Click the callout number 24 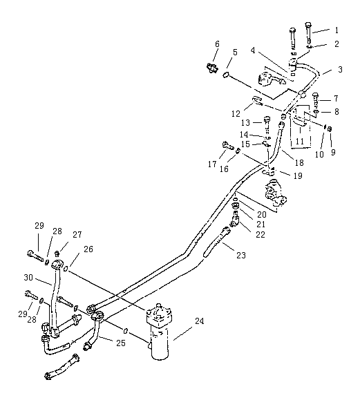(199, 321)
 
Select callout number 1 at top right (337, 30)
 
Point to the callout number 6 (217, 44)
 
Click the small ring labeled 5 (226, 75)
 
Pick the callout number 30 (28, 277)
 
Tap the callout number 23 (241, 255)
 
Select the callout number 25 (121, 343)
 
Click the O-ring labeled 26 (66, 269)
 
